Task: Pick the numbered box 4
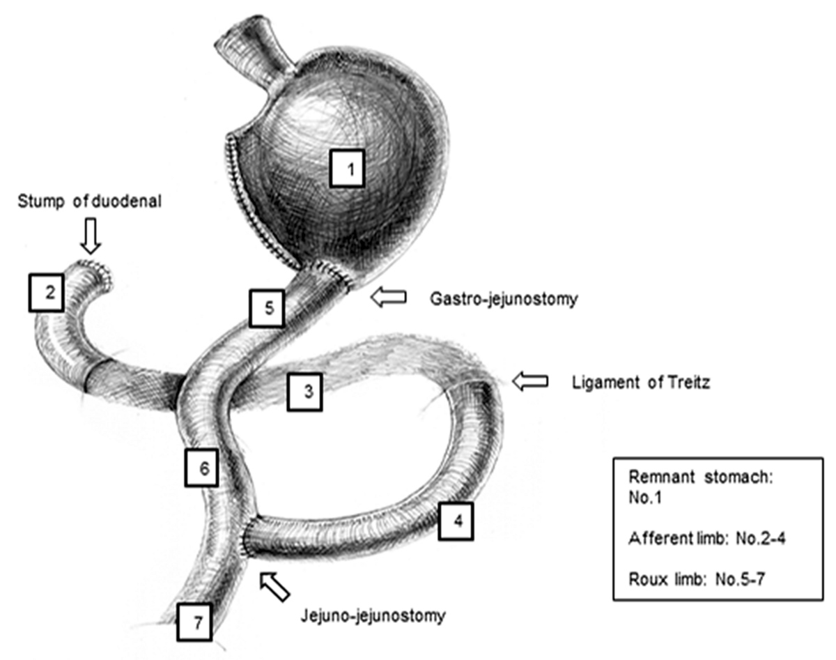coord(457,521)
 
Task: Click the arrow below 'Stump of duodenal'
coord(91,237)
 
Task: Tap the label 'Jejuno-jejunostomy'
coord(373,615)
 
